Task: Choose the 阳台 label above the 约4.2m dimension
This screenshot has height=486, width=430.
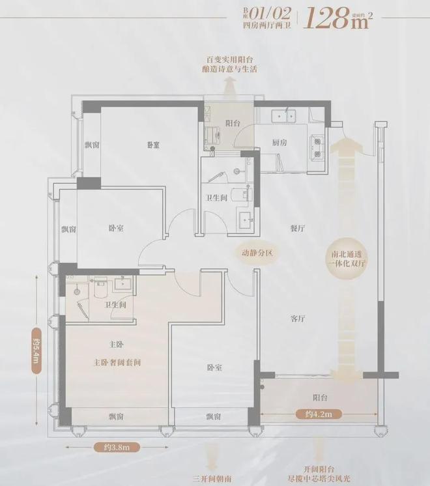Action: [319, 397]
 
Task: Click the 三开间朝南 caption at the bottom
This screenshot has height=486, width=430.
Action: [211, 479]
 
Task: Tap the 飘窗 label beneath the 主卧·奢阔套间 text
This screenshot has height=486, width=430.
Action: [117, 416]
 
